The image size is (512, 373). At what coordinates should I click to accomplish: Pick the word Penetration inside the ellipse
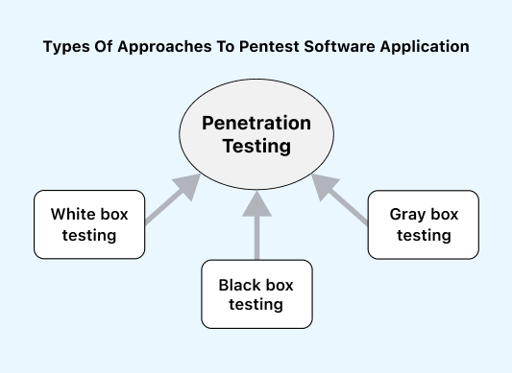256,124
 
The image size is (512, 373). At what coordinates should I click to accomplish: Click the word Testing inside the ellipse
256,147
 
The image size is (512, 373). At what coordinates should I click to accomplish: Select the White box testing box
88,223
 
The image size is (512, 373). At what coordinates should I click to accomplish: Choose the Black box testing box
256,293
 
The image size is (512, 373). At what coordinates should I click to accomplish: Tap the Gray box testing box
424,223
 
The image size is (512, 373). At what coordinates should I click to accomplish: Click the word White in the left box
71,214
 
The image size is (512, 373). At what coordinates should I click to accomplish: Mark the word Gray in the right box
408,214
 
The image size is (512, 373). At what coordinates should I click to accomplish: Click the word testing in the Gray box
424,235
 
